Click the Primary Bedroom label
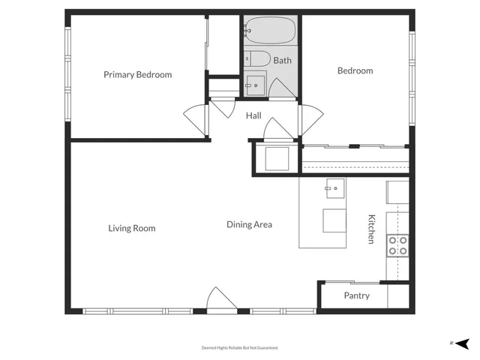(x=137, y=74)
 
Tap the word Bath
(x=282, y=61)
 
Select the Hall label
(x=253, y=115)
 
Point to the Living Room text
(x=131, y=228)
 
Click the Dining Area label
(x=249, y=224)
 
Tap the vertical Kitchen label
(x=370, y=229)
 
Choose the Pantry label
(x=356, y=295)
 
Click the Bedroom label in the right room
(x=355, y=70)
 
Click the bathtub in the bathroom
(x=270, y=31)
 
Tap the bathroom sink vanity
(x=256, y=84)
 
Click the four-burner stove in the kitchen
(x=397, y=245)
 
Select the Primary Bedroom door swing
(x=195, y=117)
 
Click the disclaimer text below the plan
(x=239, y=348)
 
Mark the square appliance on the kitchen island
(x=334, y=221)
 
